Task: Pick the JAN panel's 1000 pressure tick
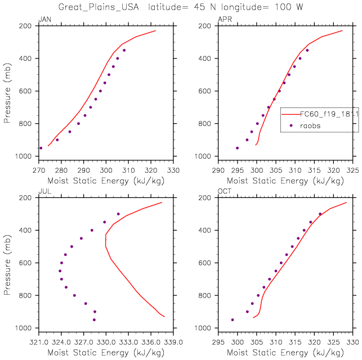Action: pyautogui.click(x=27, y=156)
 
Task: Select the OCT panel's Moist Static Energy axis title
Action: pyautogui.click(x=285, y=353)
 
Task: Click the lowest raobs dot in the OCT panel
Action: pyautogui.click(x=232, y=319)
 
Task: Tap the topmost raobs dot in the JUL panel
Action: pyautogui.click(x=118, y=214)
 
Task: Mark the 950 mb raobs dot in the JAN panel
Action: pyautogui.click(x=41, y=148)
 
